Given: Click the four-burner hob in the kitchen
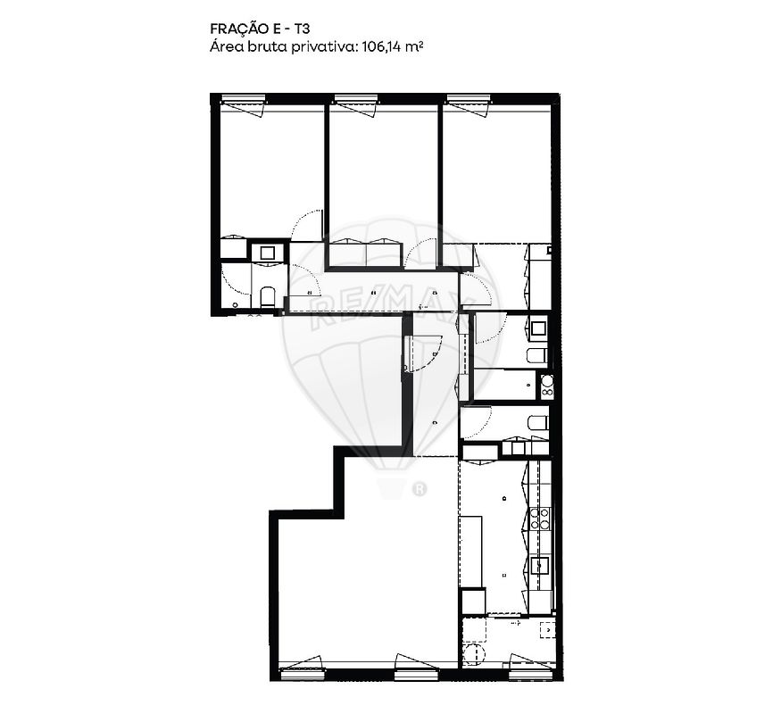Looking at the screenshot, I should click(539, 519).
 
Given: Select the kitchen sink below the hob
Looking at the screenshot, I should click(539, 565).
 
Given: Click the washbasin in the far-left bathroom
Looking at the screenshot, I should click(267, 253).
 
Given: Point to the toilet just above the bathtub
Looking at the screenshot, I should click(536, 356).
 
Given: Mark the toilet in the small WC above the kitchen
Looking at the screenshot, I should click(536, 422).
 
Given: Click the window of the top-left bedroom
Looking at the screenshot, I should click(244, 101).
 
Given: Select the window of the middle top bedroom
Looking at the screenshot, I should click(356, 101).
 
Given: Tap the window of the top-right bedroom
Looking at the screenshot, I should click(469, 101).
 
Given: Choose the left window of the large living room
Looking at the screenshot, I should click(302, 671).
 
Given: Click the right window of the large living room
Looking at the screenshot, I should click(417, 671).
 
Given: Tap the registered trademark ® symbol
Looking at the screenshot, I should click(418, 488).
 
